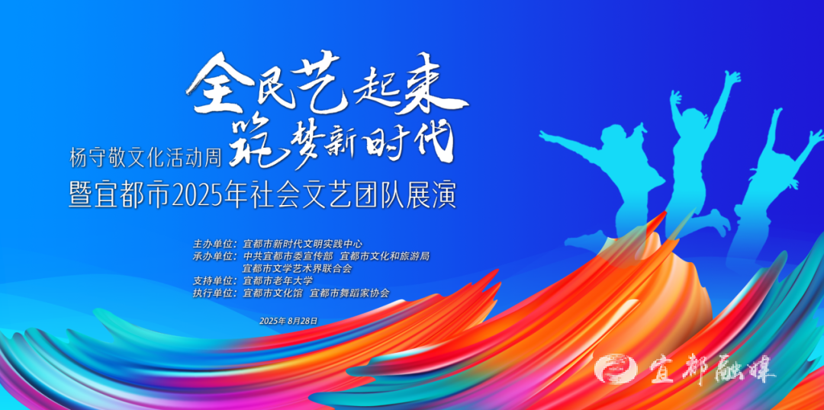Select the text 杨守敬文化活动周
(x=146, y=156)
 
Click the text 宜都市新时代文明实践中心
(x=303, y=244)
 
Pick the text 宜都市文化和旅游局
(x=385, y=257)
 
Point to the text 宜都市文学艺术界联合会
(x=297, y=269)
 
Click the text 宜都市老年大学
(x=278, y=281)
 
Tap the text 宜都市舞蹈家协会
(x=350, y=293)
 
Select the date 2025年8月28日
(x=288, y=321)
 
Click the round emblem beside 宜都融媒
(x=616, y=369)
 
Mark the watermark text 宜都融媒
(x=712, y=370)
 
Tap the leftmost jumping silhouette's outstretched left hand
(x=546, y=134)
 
